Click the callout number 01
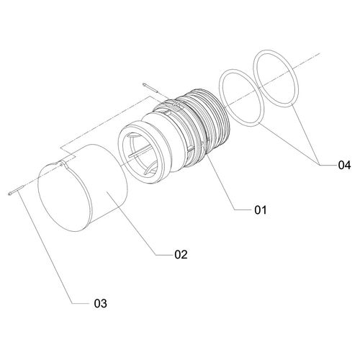[261, 210]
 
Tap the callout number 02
[181, 254]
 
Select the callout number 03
[101, 304]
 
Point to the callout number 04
[344, 165]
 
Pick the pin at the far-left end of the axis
[15, 190]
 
